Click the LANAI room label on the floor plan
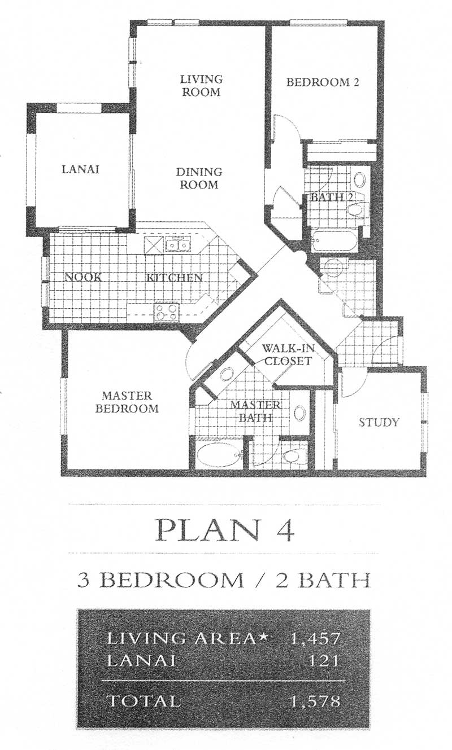(x=80, y=169)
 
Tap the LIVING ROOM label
(x=201, y=85)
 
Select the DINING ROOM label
(x=199, y=178)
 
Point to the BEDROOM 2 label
(x=323, y=82)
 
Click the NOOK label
(x=83, y=277)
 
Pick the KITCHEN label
(x=175, y=278)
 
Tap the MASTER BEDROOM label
(x=127, y=402)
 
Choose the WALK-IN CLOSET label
(x=288, y=354)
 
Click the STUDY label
(x=379, y=422)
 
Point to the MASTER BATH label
(x=255, y=411)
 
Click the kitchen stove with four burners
(x=167, y=312)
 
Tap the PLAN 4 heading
(x=224, y=532)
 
